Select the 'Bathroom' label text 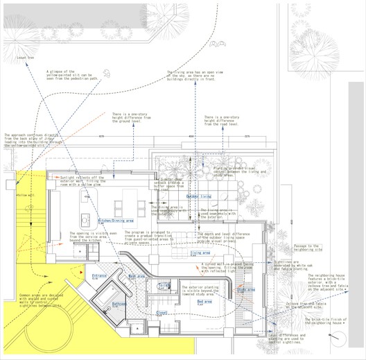[x=119, y=303]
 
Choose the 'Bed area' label [x=206, y=302]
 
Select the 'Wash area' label [x=136, y=276]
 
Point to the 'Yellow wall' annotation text [x=26, y=196]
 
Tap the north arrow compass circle [x=339, y=337]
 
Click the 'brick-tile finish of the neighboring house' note [x=328, y=321]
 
